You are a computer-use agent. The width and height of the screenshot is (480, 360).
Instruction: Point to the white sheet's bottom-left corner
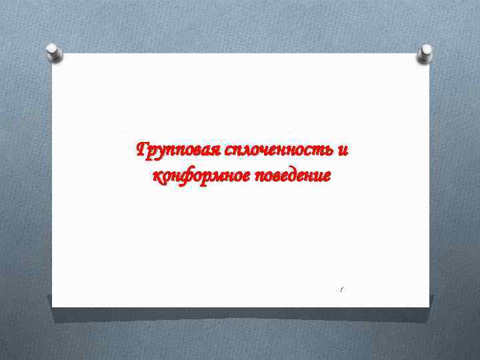pyautogui.click(x=53, y=307)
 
